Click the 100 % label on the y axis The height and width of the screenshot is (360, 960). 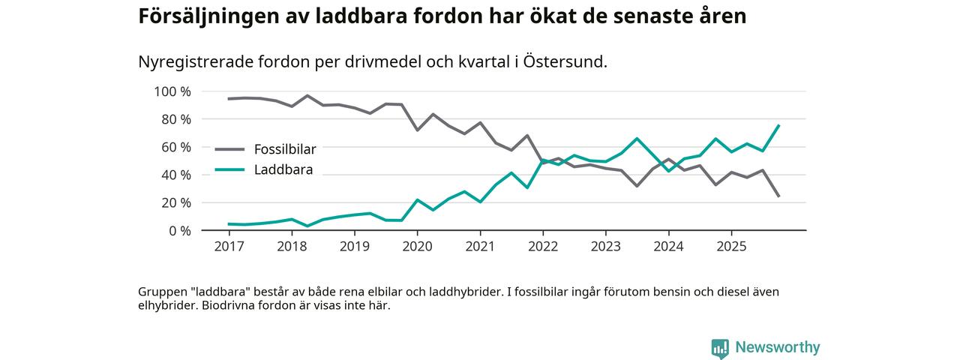172,91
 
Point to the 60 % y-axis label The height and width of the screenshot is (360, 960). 175,147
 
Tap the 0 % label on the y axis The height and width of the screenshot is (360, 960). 178,230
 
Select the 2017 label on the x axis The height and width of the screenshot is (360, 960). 229,246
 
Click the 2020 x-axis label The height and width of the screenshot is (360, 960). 417,246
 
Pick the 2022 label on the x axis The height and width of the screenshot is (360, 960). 543,246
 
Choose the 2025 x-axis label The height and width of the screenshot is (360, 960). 731,246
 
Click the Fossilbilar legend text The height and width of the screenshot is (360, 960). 285,149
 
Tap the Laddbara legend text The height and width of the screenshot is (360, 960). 283,169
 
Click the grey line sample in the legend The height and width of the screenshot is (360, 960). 229,149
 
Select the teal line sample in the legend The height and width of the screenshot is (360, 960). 229,169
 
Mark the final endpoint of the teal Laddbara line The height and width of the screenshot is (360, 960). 779,125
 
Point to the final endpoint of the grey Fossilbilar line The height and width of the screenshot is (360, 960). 779,196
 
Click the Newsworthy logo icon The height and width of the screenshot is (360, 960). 720,348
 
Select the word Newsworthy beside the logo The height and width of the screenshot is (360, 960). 778,347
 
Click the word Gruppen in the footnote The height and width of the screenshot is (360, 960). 162,292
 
